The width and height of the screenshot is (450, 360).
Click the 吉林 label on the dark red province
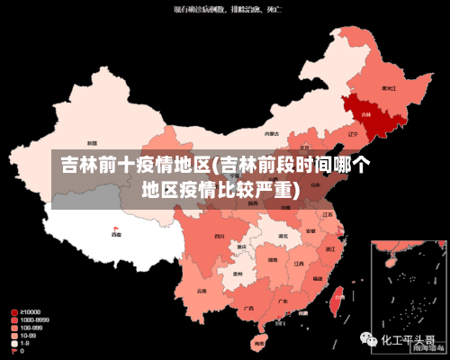click(365, 115)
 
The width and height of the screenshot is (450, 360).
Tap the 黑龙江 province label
click(389, 89)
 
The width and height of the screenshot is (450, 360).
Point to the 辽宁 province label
click(338, 132)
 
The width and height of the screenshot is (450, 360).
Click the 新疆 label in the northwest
click(92, 143)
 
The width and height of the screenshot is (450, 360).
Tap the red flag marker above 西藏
click(115, 229)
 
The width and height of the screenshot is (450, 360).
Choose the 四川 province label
click(219, 237)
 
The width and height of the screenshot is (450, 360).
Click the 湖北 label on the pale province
click(283, 237)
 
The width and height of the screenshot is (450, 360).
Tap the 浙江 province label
click(331, 248)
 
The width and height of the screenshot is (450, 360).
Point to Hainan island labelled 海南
click(259, 343)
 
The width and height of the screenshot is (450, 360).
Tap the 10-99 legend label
click(31, 335)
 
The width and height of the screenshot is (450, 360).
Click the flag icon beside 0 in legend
click(14, 351)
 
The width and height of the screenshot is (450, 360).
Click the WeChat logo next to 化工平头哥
click(370, 340)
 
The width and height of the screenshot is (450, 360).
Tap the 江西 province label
click(299, 265)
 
